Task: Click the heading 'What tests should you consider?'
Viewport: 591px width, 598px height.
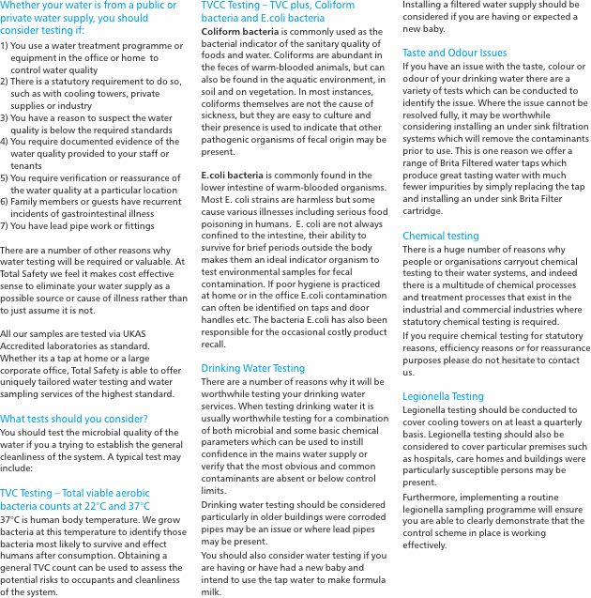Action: tap(74, 419)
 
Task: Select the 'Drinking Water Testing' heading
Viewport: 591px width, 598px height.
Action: tap(252, 368)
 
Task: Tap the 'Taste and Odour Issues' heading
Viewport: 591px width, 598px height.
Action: tap(454, 53)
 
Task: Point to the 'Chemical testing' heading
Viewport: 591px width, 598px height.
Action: tap(440, 236)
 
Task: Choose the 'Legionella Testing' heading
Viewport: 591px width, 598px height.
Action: tap(443, 396)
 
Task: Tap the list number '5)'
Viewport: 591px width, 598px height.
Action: tap(5, 177)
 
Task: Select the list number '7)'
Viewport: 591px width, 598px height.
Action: tap(5, 225)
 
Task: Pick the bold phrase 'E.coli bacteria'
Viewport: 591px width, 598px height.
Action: tap(232, 175)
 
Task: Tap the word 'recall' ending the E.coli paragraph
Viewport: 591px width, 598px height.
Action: tap(214, 344)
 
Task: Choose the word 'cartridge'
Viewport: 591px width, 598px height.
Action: tap(421, 211)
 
